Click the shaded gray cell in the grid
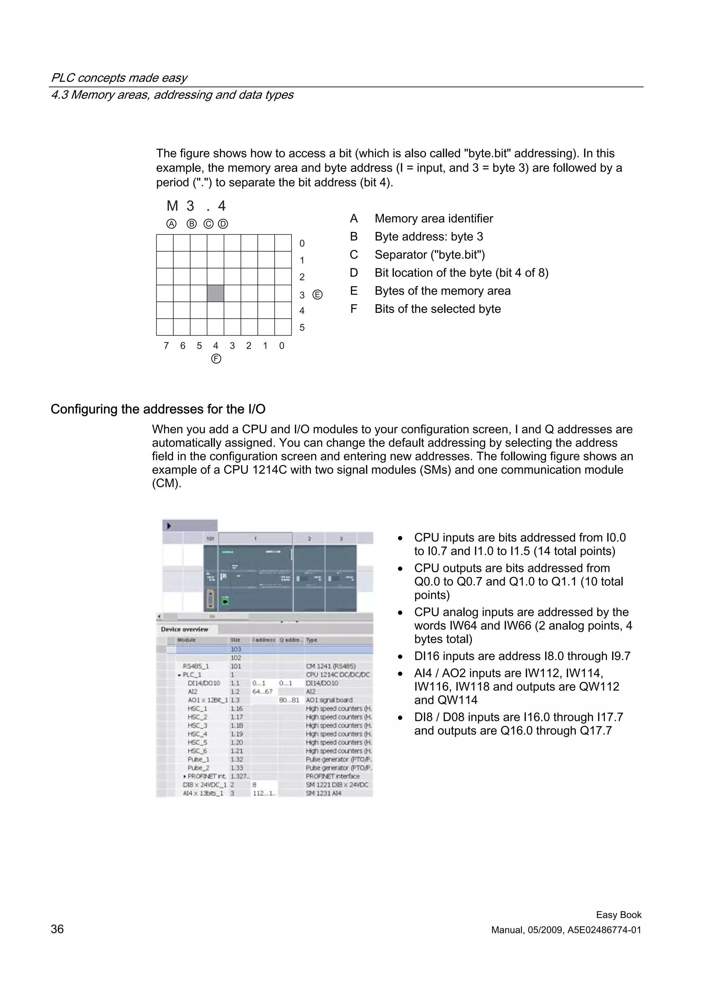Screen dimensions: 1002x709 pyautogui.click(x=215, y=293)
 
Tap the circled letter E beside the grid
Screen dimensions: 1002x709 pyautogui.click(x=317, y=295)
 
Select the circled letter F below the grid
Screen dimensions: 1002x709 pyautogui.click(x=216, y=359)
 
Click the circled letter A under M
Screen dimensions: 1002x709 pyautogui.click(x=172, y=224)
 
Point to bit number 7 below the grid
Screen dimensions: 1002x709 pyautogui.click(x=166, y=346)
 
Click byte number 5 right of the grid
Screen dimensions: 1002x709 pyautogui.click(x=302, y=328)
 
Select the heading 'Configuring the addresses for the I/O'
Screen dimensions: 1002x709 pyautogui.click(x=158, y=409)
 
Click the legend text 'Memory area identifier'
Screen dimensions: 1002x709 pyautogui.click(x=433, y=219)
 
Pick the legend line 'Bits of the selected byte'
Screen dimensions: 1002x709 pyautogui.click(x=437, y=309)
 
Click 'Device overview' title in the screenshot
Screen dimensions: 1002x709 pyautogui.click(x=185, y=629)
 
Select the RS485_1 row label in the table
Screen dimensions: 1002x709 pyautogui.click(x=196, y=666)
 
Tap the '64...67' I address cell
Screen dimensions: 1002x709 pyautogui.click(x=262, y=692)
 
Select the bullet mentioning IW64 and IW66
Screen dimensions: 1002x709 pyautogui.click(x=523, y=625)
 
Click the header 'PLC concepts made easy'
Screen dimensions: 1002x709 pyautogui.click(x=119, y=78)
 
